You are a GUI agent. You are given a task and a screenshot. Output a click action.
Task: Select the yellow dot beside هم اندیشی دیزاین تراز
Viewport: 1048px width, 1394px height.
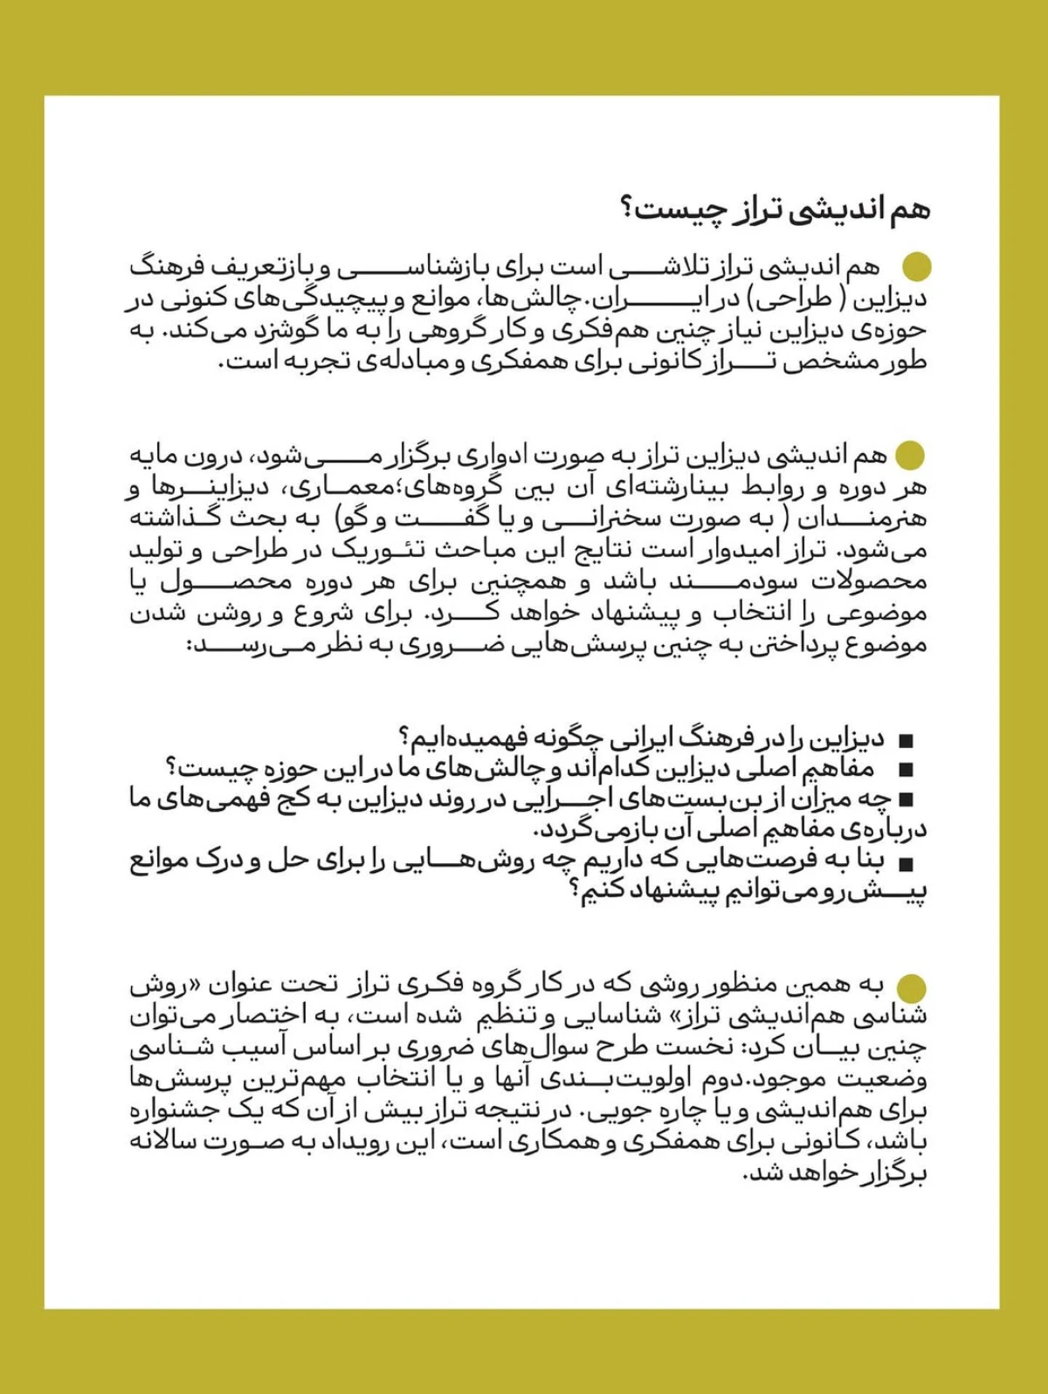tap(911, 455)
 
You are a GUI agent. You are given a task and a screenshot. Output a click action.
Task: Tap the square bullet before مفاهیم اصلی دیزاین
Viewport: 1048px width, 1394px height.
tap(906, 771)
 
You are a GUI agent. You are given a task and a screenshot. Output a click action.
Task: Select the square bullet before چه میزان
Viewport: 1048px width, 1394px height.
tap(906, 800)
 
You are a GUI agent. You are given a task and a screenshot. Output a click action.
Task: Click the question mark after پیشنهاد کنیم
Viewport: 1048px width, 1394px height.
tap(576, 892)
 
